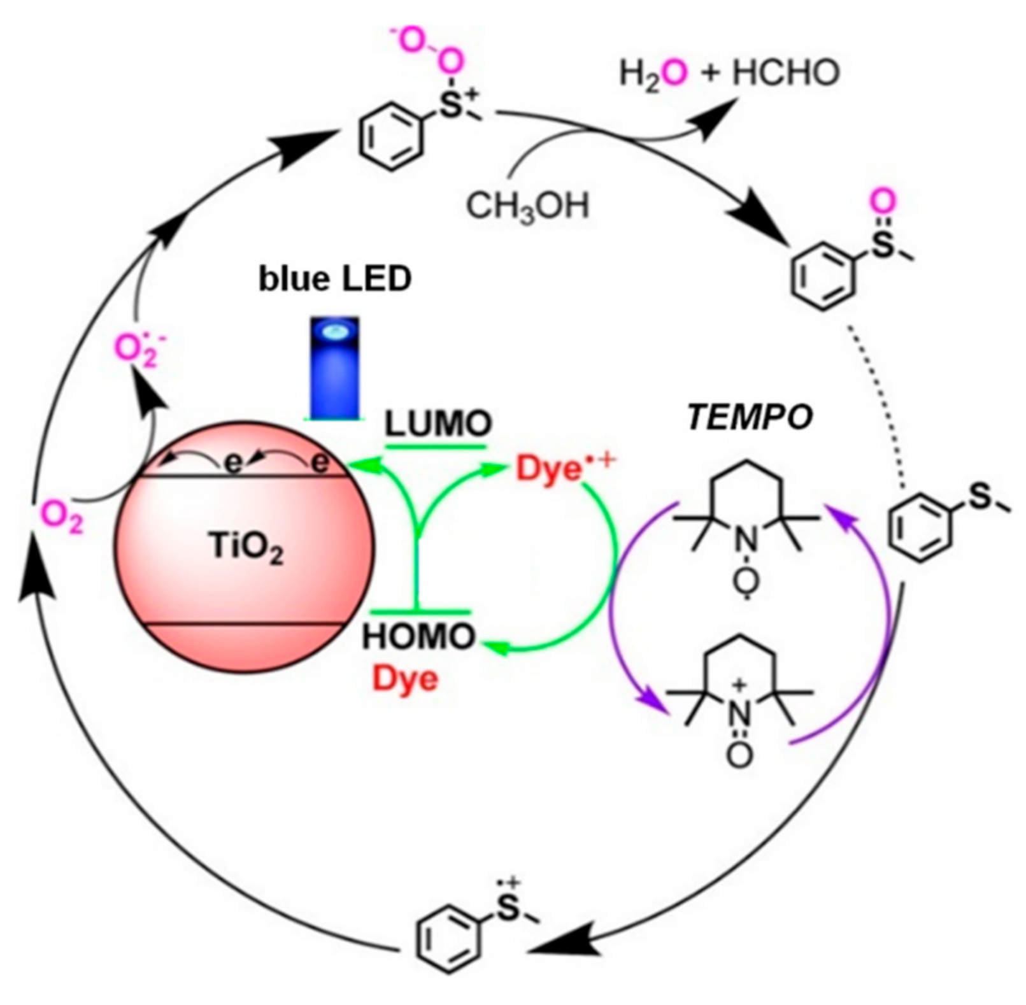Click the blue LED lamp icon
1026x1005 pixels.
[334, 367]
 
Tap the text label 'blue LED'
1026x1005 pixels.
[334, 280]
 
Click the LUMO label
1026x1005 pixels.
[438, 424]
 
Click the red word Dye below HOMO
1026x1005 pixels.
[406, 679]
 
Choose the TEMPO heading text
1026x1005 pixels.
[750, 418]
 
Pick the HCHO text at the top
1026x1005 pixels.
[786, 74]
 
